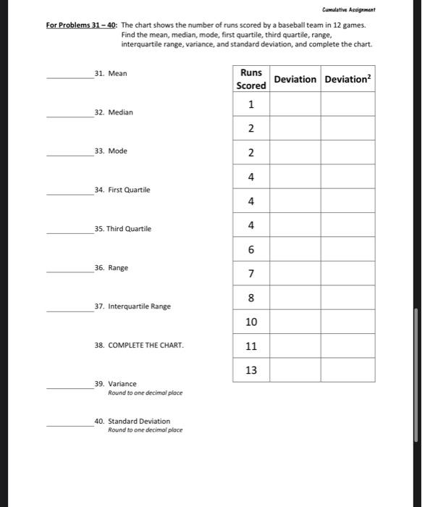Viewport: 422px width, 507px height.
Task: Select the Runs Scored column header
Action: point(251,79)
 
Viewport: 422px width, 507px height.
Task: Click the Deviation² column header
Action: point(347,79)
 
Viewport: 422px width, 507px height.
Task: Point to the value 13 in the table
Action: point(251,370)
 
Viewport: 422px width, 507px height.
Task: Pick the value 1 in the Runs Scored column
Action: point(251,104)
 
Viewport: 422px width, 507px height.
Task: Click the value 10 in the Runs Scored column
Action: point(251,322)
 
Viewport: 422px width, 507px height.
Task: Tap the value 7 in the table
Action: point(251,273)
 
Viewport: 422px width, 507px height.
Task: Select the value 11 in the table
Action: point(251,346)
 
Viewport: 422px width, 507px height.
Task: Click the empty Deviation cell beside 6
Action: point(295,249)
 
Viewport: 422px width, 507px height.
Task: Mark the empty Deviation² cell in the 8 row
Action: point(347,298)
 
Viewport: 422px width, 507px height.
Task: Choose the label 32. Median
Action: point(114,113)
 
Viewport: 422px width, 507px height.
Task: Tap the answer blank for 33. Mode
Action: point(69,154)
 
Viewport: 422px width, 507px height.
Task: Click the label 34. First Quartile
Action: point(122,190)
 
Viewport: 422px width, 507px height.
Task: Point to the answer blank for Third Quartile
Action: point(69,232)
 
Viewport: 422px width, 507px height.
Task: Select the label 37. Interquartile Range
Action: point(132,306)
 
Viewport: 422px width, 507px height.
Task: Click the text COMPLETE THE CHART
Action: point(145,345)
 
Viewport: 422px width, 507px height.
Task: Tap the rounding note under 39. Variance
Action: point(145,393)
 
